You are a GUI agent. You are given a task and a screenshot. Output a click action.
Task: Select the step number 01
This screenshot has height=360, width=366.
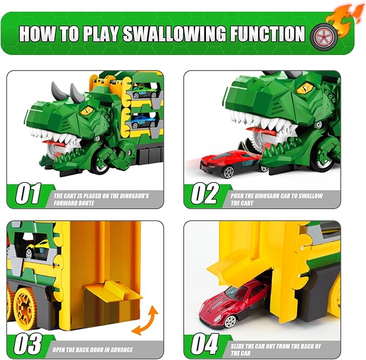28,193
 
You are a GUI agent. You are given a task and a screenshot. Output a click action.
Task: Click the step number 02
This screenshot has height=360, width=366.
205,193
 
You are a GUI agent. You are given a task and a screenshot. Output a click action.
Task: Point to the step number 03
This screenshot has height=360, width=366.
28,344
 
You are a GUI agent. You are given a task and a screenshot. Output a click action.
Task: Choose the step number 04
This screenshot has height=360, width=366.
205,344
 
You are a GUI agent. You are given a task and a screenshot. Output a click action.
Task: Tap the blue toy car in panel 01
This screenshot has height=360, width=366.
143,121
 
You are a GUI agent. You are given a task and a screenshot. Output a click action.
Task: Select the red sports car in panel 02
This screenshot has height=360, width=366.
230,163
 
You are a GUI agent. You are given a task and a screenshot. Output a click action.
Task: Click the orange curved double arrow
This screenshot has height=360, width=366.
145,320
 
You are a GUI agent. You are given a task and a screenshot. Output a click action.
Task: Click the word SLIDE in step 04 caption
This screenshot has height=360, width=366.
237,346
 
